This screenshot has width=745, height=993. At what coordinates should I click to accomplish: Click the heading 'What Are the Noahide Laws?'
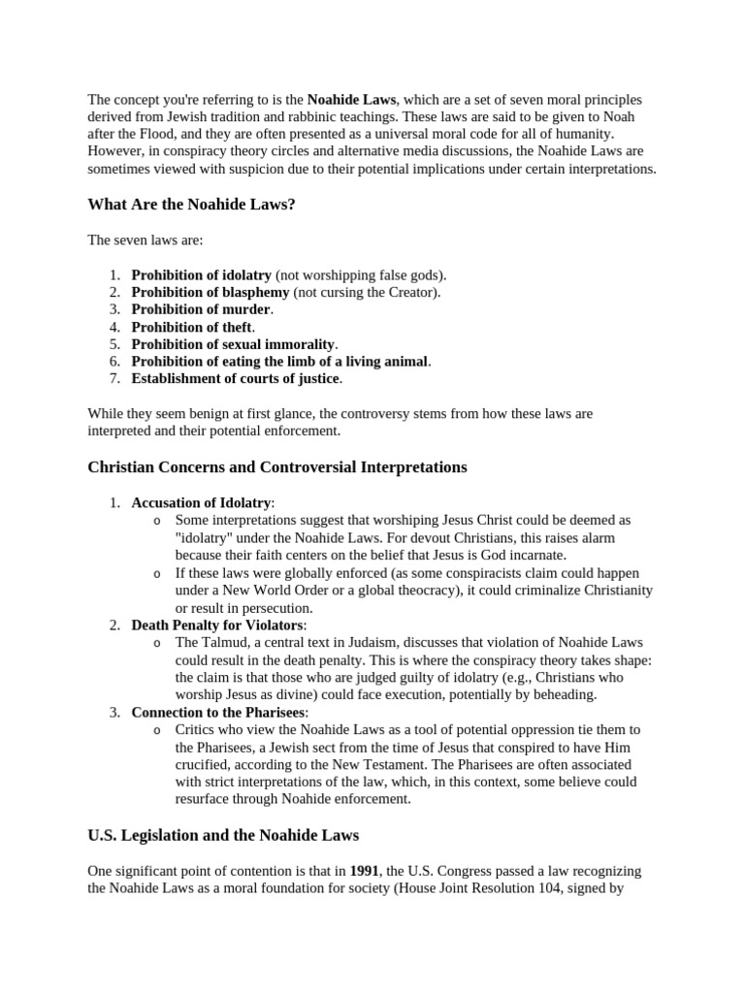click(x=191, y=205)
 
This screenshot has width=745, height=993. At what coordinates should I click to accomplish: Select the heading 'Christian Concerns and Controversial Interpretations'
click(x=277, y=467)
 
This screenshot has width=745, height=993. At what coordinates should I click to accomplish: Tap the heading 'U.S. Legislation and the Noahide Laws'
click(x=223, y=835)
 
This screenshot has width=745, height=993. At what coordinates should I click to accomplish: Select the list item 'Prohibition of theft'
click(x=191, y=327)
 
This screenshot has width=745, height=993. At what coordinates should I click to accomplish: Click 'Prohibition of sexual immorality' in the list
click(x=233, y=344)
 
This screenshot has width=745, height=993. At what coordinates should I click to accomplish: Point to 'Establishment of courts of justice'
click(x=236, y=378)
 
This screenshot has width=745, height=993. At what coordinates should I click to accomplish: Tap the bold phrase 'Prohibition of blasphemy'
click(x=211, y=292)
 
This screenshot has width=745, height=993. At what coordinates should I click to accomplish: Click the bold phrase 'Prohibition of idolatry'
click(x=202, y=274)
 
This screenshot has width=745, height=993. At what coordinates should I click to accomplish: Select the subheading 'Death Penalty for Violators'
click(x=218, y=625)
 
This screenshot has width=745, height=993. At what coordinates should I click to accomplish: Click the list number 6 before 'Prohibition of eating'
click(x=113, y=362)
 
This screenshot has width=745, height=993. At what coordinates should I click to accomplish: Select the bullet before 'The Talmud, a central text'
click(x=158, y=643)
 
